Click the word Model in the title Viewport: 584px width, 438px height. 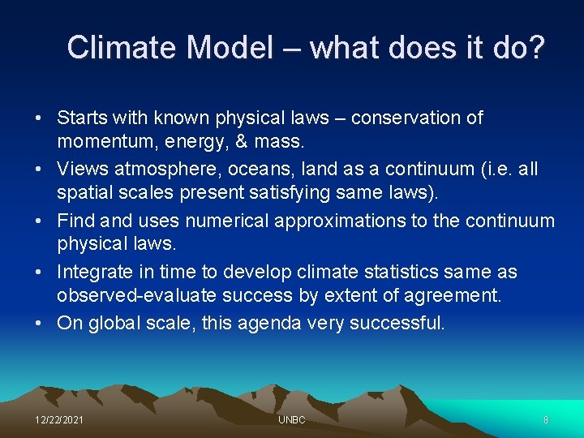pos(230,48)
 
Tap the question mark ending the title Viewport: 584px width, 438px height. pos(534,48)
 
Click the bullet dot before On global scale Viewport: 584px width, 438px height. pos(39,323)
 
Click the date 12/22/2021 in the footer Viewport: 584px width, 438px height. pos(58,420)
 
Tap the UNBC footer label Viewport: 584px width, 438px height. pos(291,420)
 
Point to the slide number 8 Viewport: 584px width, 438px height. pos(546,420)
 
